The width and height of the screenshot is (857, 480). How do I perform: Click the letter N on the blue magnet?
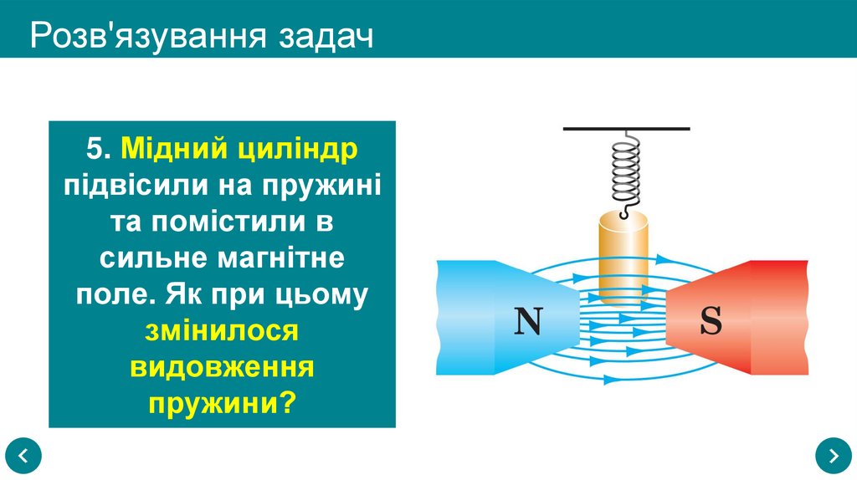pyautogui.click(x=527, y=321)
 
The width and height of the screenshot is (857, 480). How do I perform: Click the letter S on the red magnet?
pyautogui.click(x=711, y=321)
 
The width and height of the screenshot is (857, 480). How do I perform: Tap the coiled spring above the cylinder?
pyautogui.click(x=626, y=171)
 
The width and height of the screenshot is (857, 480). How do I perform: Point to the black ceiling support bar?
pyautogui.click(x=626, y=129)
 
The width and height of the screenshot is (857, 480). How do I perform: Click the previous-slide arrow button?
pyautogui.click(x=23, y=456)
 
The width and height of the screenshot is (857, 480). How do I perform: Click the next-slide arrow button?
pyautogui.click(x=833, y=456)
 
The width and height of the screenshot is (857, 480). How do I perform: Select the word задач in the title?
pyautogui.click(x=326, y=37)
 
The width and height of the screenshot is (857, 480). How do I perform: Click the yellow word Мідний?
pyautogui.click(x=171, y=149)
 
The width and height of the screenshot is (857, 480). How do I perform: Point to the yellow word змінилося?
pyautogui.click(x=222, y=330)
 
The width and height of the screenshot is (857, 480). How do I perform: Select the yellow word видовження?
pyautogui.click(x=222, y=368)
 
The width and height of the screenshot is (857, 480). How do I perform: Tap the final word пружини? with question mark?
pyautogui.click(x=222, y=404)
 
